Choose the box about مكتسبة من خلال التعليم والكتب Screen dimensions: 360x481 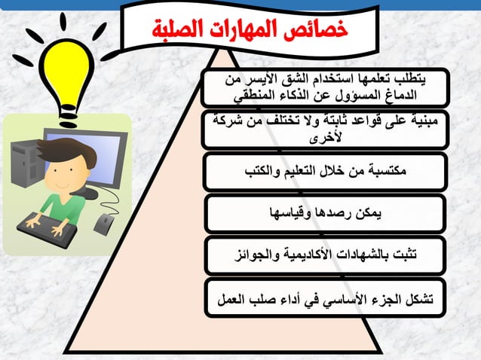coord(325,171)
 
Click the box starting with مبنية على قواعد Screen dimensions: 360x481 coord(325,129)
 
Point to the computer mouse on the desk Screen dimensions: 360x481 coord(103,224)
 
